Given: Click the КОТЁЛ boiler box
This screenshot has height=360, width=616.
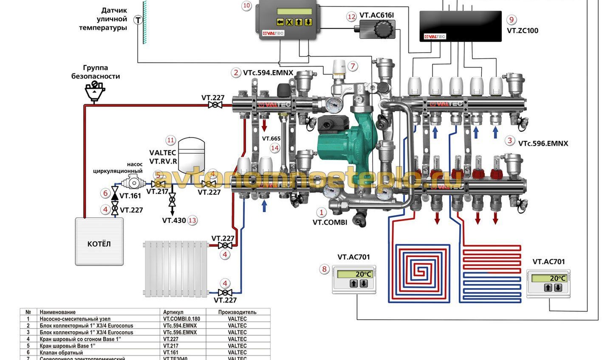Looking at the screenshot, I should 99,242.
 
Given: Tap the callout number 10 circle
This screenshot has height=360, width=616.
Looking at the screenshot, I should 246,6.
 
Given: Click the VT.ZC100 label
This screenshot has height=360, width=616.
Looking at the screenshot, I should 523,31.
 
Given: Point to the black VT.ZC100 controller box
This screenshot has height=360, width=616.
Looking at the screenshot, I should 461,26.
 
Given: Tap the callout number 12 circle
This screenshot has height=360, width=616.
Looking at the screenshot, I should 351,17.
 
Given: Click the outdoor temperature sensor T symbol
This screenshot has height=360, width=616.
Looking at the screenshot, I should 138,20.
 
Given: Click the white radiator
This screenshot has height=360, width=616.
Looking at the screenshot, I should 175,268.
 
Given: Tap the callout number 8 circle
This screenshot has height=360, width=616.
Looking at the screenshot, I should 325,269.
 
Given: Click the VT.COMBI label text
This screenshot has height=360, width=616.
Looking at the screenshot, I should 330,222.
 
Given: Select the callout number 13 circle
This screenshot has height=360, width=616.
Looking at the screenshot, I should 192,220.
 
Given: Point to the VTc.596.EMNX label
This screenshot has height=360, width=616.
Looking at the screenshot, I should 543,143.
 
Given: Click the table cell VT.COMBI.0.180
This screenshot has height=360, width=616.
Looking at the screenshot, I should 181,319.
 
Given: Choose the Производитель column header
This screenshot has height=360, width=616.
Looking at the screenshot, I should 237,312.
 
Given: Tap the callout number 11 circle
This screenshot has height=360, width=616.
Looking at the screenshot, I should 170,140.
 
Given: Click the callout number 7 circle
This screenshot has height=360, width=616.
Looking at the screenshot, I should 352,66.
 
